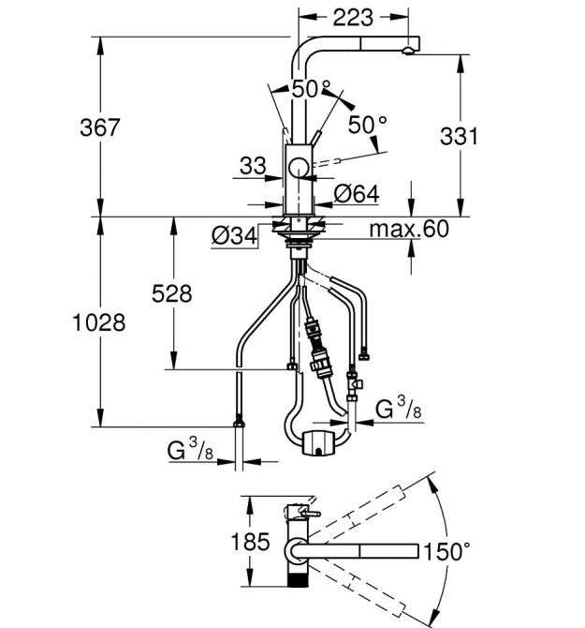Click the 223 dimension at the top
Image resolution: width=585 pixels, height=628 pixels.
(353, 18)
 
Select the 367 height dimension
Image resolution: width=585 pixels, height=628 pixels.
(99, 127)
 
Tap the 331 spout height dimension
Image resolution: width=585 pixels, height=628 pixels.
(459, 136)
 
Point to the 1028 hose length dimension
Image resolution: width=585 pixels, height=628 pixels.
(99, 322)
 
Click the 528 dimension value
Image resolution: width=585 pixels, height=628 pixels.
(172, 293)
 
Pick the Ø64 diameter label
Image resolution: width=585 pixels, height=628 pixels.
(357, 194)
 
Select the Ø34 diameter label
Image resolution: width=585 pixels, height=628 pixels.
(234, 235)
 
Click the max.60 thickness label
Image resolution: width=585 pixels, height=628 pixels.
(409, 229)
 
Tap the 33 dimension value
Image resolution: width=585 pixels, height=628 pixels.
(253, 165)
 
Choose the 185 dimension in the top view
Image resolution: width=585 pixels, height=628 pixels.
(251, 542)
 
